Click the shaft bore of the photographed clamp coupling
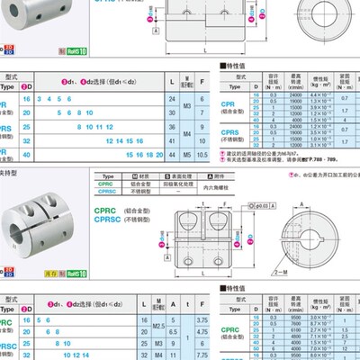pos(28,238)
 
